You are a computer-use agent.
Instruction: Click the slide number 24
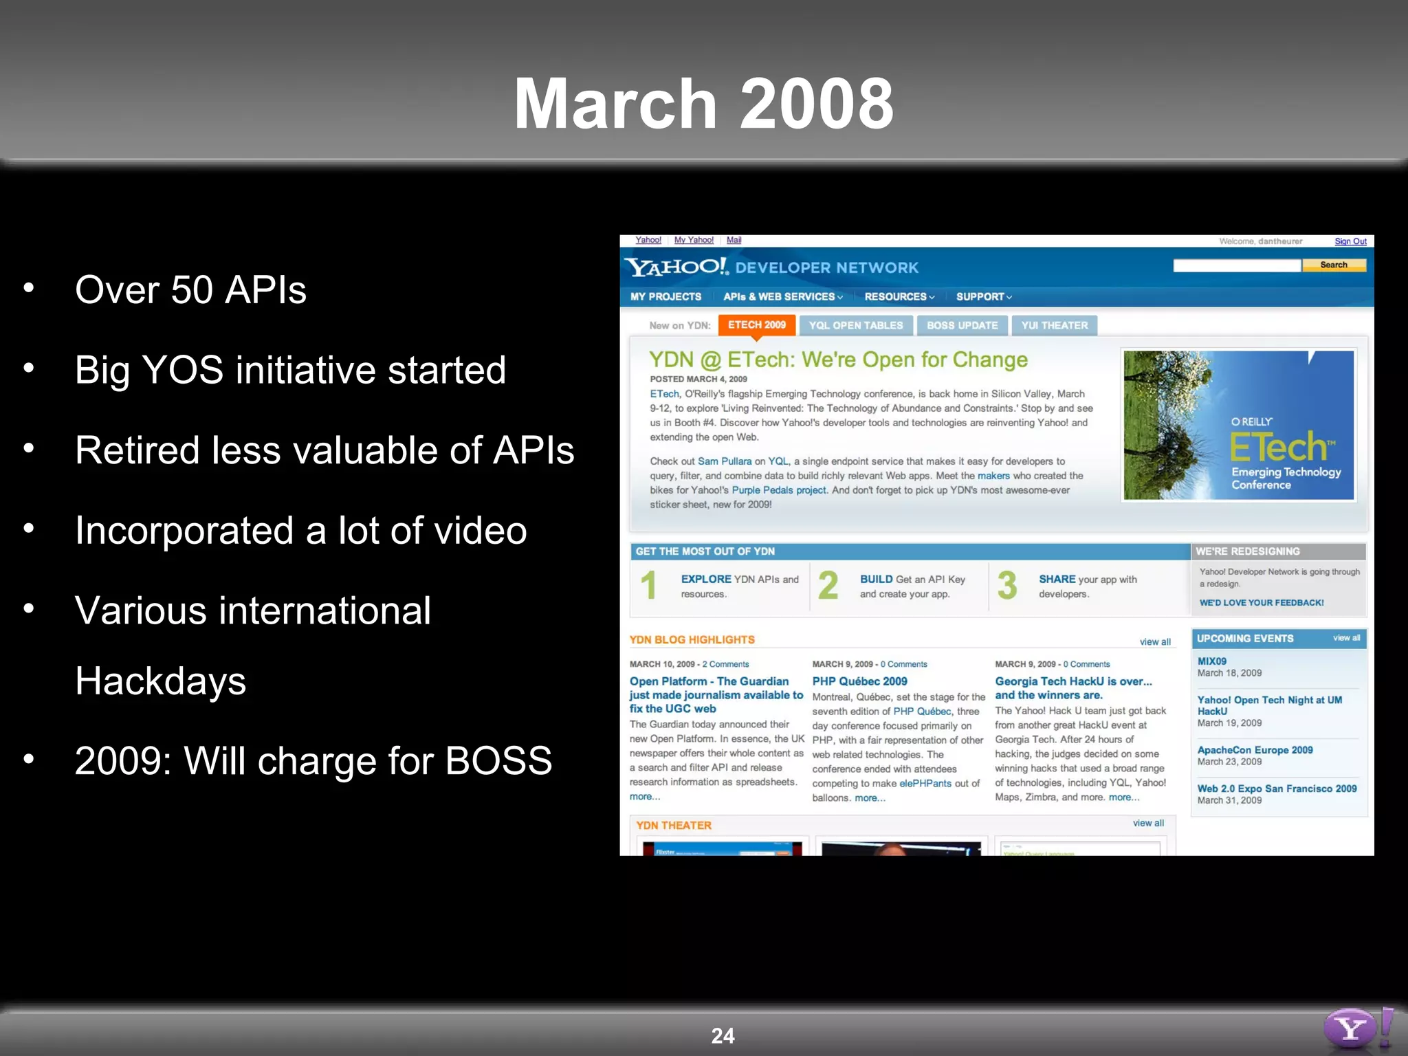point(723,1035)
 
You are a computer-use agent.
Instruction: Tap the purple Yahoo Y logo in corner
point(1351,1028)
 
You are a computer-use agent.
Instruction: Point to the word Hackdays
point(160,681)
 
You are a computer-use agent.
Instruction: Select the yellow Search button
point(1333,265)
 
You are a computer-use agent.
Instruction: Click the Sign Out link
point(1350,241)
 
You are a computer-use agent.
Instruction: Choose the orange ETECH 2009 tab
point(756,325)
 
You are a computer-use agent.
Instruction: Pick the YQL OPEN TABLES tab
point(855,326)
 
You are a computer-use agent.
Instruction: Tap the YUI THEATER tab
point(1054,326)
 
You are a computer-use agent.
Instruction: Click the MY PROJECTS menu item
point(665,297)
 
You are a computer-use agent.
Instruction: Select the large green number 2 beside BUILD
point(828,586)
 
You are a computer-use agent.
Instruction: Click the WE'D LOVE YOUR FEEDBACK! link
point(1262,603)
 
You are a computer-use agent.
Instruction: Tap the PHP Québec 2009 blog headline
point(859,681)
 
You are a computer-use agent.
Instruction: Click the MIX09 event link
point(1211,661)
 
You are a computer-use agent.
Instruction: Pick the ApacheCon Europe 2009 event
point(1255,750)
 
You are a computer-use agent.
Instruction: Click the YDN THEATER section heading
point(673,826)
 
